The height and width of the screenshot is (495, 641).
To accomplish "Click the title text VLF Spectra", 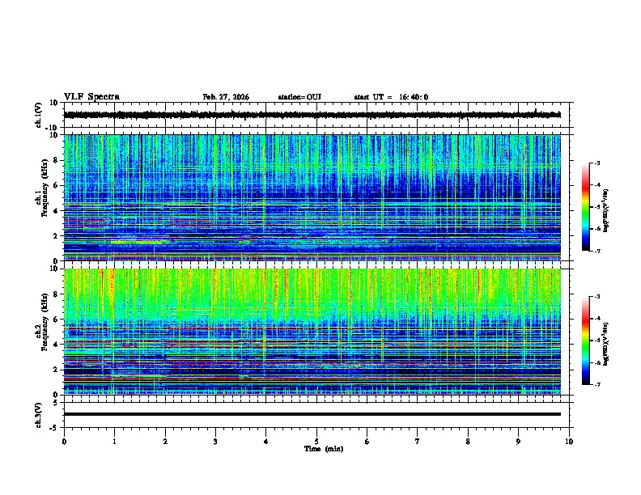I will click(91, 96).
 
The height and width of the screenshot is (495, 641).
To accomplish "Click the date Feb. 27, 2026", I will click(226, 97).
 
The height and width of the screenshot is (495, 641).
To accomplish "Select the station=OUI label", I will click(299, 97).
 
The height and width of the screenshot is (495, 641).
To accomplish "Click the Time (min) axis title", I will click(323, 448).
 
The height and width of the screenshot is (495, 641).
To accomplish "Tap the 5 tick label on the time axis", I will click(316, 442).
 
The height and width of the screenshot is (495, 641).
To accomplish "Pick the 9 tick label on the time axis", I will click(519, 442).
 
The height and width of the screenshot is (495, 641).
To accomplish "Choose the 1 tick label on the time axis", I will click(115, 442).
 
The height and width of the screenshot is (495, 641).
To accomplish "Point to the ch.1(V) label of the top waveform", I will click(39, 115).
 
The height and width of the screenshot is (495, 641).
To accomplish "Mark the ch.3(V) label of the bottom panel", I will click(39, 414).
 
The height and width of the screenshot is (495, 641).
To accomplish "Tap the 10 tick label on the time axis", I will click(569, 442).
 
